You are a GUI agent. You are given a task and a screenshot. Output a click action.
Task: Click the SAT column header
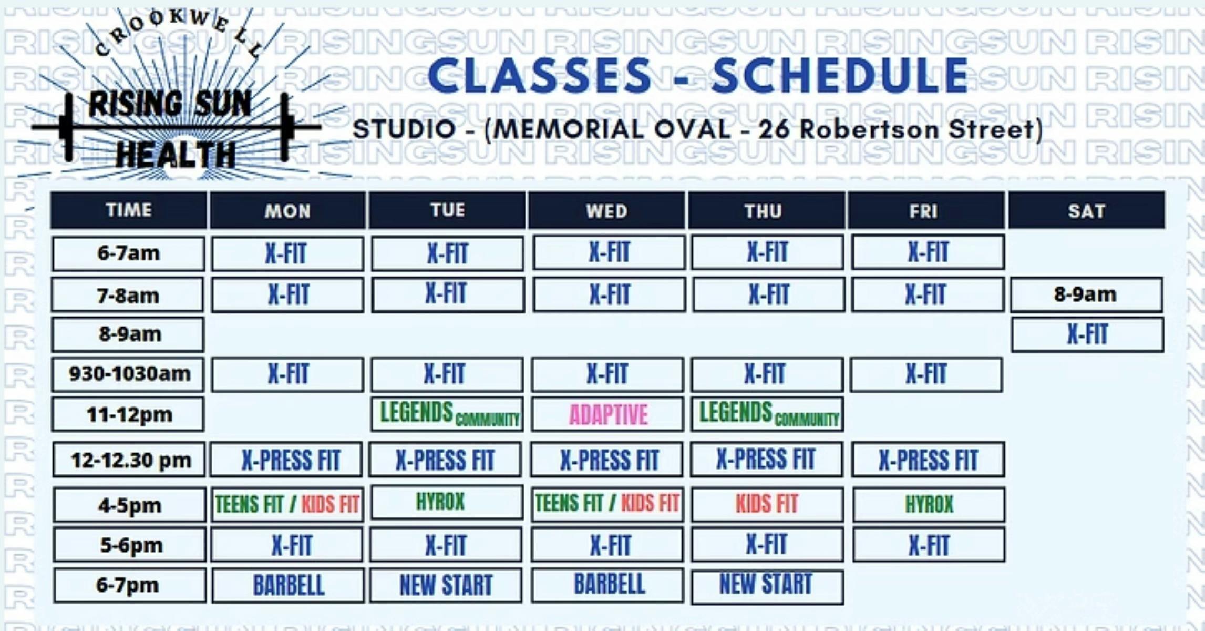(x=1086, y=211)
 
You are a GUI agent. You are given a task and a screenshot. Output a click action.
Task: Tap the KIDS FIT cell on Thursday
(x=767, y=504)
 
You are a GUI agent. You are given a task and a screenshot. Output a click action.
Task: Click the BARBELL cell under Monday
(x=288, y=585)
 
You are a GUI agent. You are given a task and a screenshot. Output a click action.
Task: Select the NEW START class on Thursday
(x=766, y=585)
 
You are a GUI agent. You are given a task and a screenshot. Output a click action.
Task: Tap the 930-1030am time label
(x=128, y=374)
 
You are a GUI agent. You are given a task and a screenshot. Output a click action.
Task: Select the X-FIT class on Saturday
(x=1087, y=334)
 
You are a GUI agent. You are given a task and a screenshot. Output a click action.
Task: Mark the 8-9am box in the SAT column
(x=1086, y=294)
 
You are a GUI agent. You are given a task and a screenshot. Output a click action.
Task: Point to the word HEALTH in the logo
(x=176, y=155)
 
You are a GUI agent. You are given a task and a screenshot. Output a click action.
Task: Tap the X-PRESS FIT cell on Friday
(x=928, y=460)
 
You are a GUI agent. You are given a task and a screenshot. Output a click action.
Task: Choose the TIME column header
(x=129, y=210)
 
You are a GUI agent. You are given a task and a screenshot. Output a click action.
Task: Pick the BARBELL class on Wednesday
(x=609, y=584)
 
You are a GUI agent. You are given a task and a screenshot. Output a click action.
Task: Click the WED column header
(x=607, y=211)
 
